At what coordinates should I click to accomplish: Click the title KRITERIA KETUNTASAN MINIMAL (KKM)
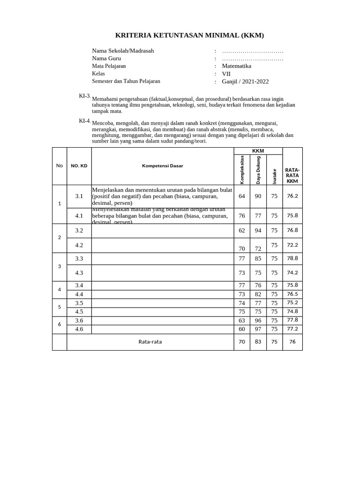(x=190, y=35)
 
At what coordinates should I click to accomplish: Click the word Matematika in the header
(x=237, y=66)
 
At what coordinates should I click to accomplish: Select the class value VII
(x=226, y=74)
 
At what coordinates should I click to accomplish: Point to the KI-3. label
(x=84, y=96)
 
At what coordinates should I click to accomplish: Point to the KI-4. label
(x=84, y=120)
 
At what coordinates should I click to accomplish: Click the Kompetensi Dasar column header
(x=163, y=166)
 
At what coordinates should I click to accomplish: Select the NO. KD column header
(x=79, y=166)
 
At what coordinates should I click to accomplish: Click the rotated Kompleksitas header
(x=242, y=169)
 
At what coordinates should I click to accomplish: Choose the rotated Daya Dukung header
(x=258, y=170)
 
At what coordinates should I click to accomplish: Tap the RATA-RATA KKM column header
(x=292, y=175)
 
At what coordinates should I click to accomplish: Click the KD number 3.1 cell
(x=79, y=196)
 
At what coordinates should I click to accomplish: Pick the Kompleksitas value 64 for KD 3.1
(x=242, y=196)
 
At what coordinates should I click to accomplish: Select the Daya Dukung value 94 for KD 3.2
(x=258, y=231)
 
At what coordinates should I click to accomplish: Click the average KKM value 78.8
(x=292, y=258)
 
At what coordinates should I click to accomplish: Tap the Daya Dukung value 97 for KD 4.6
(x=258, y=329)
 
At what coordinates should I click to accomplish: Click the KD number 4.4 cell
(x=79, y=294)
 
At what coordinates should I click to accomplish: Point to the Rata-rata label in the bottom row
(x=150, y=342)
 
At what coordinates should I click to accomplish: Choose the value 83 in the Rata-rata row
(x=258, y=342)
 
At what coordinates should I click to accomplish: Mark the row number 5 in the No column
(x=60, y=307)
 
